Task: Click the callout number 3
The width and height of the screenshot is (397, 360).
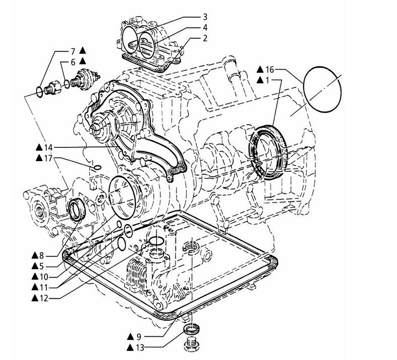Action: pyautogui.click(x=205, y=17)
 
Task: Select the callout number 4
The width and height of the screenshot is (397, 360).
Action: pyautogui.click(x=205, y=27)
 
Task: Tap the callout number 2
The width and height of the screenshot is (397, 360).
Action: pyautogui.click(x=205, y=38)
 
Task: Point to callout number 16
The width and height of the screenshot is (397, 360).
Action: pyautogui.click(x=270, y=69)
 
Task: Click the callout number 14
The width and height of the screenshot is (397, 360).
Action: pyautogui.click(x=48, y=147)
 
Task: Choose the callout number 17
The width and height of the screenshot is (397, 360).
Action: pyautogui.click(x=48, y=159)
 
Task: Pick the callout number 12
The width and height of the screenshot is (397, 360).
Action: pyautogui.click(x=43, y=298)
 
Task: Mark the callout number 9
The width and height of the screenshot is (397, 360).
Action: pyautogui.click(x=139, y=337)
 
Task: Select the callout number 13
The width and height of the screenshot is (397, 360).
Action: pyautogui.click(x=140, y=347)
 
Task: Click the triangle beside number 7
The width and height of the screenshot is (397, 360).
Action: pyautogui.click(x=83, y=50)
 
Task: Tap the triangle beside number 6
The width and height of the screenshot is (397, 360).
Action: pyautogui.click(x=83, y=61)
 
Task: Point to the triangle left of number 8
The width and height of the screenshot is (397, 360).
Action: pyautogui.click(x=35, y=255)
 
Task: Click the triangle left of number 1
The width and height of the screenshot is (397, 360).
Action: pyautogui.click(x=260, y=80)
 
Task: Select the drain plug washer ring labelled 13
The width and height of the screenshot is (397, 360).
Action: pyautogui.click(x=192, y=330)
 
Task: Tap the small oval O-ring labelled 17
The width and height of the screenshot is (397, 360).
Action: pyautogui.click(x=97, y=167)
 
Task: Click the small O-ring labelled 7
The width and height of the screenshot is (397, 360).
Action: pyautogui.click(x=39, y=92)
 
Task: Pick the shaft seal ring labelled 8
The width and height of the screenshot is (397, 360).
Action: pyautogui.click(x=77, y=209)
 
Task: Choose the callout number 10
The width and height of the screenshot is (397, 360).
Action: pyautogui.click(x=43, y=277)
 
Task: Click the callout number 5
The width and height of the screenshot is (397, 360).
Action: pyautogui.click(x=41, y=266)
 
